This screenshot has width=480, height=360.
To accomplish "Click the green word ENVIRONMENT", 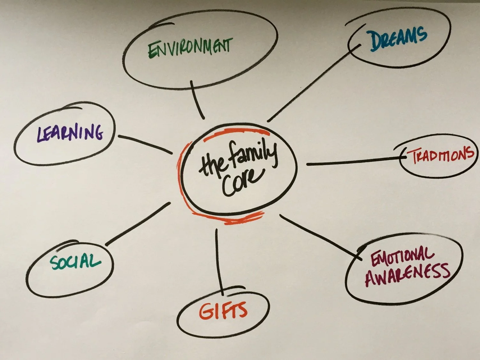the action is click(190, 48).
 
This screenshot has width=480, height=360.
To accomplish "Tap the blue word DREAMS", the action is click(398, 39).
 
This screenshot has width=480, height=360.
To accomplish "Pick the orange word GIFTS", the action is click(223, 311).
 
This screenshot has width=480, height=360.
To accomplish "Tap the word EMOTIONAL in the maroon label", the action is click(403, 255).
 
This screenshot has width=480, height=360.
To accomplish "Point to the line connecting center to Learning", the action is click(146, 144).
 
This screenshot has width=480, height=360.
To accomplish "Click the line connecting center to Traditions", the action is click(352, 161).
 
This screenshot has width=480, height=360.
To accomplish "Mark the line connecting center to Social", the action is click(138, 224).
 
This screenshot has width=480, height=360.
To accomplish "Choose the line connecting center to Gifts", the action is click(219, 261).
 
